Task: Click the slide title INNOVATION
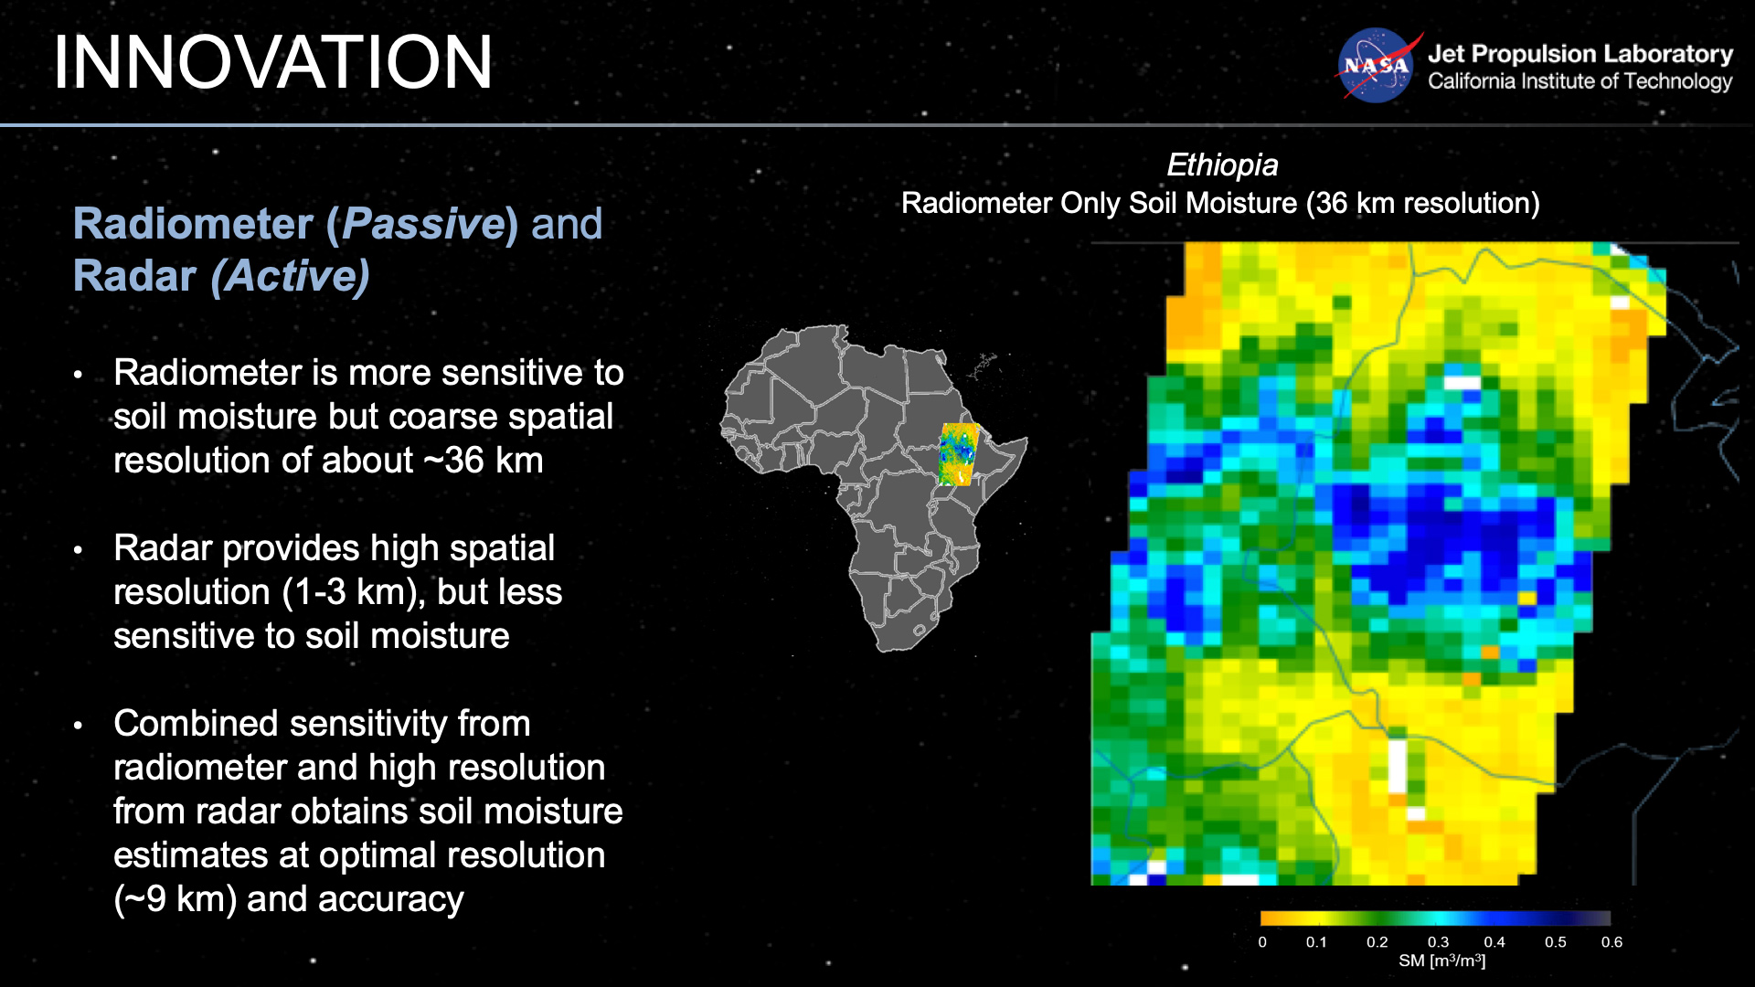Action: click(x=272, y=62)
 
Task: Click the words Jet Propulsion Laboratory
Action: click(x=1579, y=54)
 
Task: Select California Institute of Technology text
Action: click(x=1579, y=81)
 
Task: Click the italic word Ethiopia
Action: click(x=1222, y=165)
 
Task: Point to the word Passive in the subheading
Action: click(x=423, y=225)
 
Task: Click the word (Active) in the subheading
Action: click(x=291, y=277)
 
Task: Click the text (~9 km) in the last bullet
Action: click(x=175, y=899)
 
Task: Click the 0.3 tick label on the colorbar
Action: click(x=1438, y=942)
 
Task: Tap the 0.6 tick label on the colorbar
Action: click(x=1611, y=942)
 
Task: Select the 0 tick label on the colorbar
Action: click(x=1262, y=942)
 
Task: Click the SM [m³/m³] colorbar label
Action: click(x=1441, y=961)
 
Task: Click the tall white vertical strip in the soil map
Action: click(x=1398, y=766)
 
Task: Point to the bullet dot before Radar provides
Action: click(x=79, y=550)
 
